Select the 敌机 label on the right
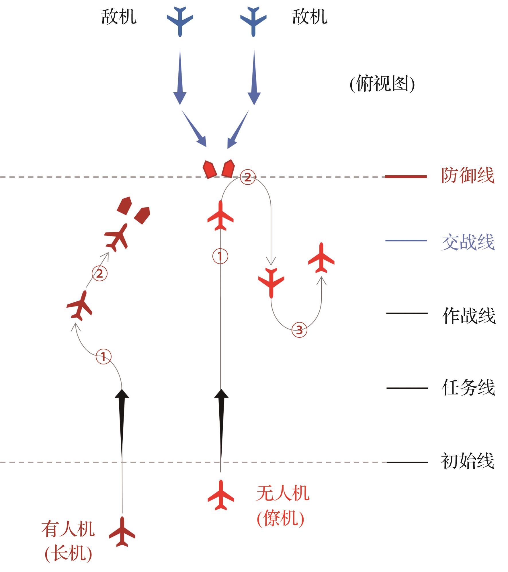pyautogui.click(x=310, y=17)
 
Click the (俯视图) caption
pyautogui.click(x=382, y=84)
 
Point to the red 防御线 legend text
pyautogui.click(x=468, y=175)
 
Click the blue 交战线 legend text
pyautogui.click(x=468, y=242)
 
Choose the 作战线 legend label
pyautogui.click(x=469, y=316)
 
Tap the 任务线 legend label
pyautogui.click(x=468, y=388)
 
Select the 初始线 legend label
pyautogui.click(x=468, y=461)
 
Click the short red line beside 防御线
pyautogui.click(x=406, y=177)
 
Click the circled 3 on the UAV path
pyautogui.click(x=299, y=330)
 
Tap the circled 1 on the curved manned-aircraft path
pyautogui.click(x=103, y=357)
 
